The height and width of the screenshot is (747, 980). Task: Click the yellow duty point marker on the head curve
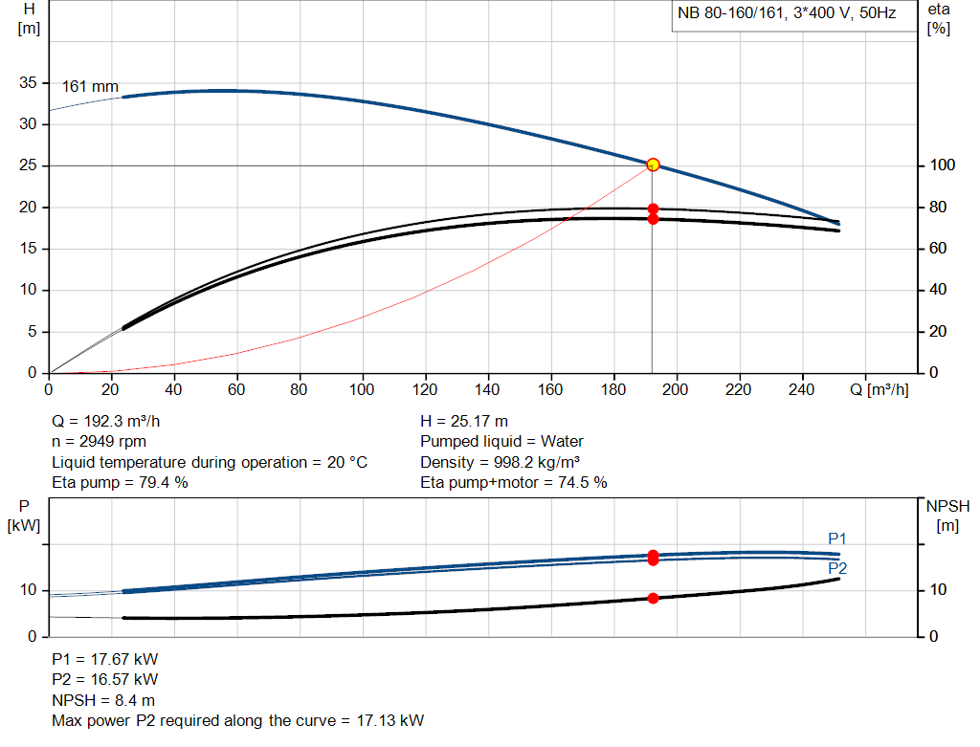pos(653,165)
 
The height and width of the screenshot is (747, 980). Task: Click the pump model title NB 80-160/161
pos(786,15)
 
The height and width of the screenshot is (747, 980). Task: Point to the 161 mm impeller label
pos(90,86)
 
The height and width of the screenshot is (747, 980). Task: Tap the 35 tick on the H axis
pos(29,83)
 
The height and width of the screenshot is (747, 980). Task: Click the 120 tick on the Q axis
pos(425,390)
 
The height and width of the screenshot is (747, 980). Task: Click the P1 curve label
pos(837,538)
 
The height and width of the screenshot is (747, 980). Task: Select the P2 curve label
pos(837,568)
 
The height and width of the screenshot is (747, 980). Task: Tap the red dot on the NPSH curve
pos(653,599)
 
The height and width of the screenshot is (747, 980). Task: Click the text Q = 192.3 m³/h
pos(114,421)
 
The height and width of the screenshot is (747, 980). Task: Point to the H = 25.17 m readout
pos(464,421)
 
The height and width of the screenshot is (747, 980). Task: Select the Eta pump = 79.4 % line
pos(120,482)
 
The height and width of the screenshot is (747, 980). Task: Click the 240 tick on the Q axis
pos(801,390)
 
